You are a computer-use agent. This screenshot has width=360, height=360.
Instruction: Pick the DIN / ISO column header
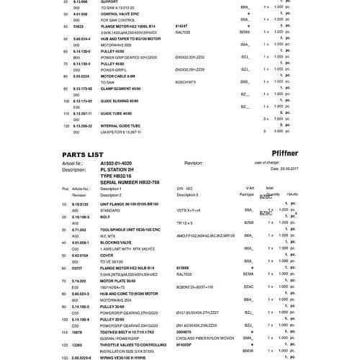pyautogui.click(x=186, y=188)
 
